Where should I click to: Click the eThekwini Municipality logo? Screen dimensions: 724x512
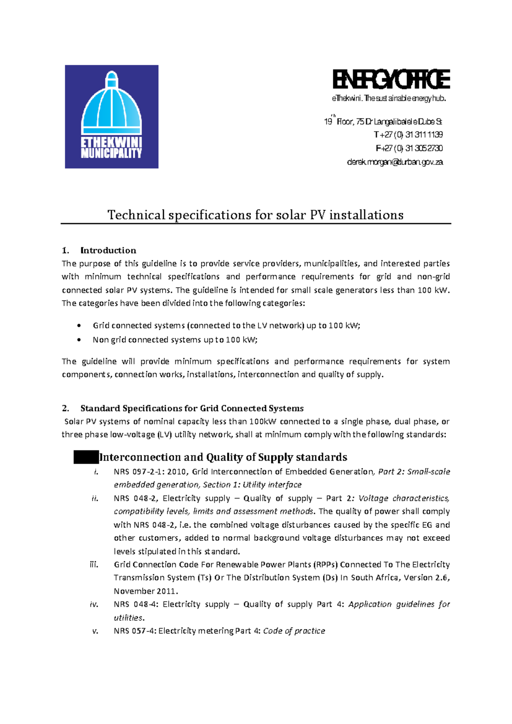[111, 117]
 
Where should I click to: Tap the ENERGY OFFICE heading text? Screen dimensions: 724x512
[391, 79]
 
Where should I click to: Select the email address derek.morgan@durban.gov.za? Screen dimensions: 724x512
[395, 162]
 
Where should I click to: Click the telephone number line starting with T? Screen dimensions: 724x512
[408, 135]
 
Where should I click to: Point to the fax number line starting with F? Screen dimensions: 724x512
[409, 149]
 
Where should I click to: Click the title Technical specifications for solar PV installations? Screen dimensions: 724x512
[255, 215]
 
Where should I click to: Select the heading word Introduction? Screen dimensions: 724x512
[108, 251]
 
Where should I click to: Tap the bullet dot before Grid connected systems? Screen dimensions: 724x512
[79, 326]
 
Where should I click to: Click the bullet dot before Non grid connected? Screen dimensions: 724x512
[79, 340]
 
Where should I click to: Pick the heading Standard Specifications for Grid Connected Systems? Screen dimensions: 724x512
[192, 409]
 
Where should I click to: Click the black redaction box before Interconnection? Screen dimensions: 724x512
[86, 457]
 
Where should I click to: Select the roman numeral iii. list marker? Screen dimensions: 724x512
[94, 565]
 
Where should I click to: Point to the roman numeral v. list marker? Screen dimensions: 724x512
[95, 631]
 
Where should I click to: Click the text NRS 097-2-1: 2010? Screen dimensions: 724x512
[150, 472]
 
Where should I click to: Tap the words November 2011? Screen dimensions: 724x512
[145, 591]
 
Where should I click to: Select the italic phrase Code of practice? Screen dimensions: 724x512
[294, 631]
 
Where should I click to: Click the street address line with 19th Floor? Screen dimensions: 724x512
[383, 122]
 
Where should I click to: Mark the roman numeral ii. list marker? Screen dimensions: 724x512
[94, 499]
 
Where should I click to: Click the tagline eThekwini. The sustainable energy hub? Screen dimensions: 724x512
[389, 99]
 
